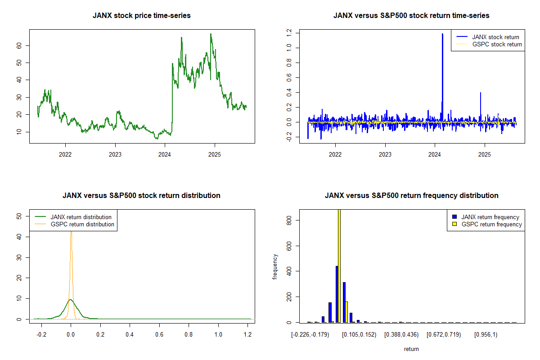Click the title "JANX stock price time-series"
141,16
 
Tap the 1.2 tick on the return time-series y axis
292,32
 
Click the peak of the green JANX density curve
70,299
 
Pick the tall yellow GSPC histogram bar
339,265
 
